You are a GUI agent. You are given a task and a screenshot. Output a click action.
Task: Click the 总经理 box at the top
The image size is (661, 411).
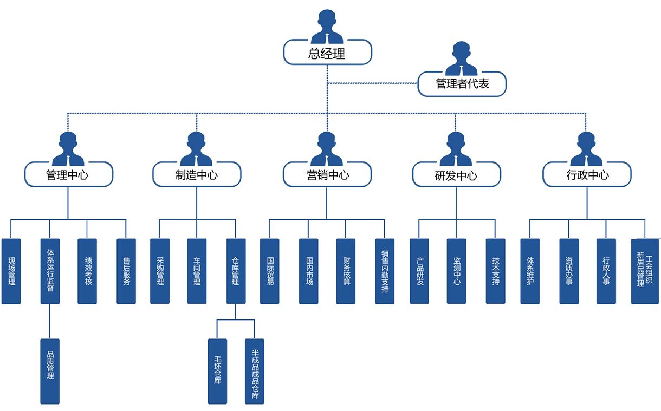point(327,53)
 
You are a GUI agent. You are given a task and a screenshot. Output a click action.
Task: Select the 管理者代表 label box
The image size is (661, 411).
point(462,84)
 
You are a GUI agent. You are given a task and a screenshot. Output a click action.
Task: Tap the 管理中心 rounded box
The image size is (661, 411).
point(68,174)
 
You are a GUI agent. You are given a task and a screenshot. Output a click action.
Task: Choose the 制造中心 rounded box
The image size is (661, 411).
point(197,174)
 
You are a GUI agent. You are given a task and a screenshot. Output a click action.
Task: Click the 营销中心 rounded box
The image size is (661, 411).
point(327,174)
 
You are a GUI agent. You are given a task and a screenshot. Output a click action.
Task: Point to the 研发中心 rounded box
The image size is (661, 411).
point(456,175)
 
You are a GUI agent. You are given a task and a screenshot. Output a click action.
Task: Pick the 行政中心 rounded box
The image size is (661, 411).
point(587,174)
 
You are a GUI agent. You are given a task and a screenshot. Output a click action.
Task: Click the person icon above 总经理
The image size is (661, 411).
point(327,27)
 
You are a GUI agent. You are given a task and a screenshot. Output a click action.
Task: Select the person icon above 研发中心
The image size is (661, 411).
point(456,149)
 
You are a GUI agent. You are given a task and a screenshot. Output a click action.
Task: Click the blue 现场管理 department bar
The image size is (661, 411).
point(11,271)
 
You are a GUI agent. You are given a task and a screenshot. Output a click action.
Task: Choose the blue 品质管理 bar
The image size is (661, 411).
point(50,371)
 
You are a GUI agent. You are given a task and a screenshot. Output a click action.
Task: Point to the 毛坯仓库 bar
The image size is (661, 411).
point(217,371)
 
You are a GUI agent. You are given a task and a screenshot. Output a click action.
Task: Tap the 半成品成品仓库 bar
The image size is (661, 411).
point(254,371)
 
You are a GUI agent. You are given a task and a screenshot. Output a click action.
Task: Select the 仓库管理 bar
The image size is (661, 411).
point(235,271)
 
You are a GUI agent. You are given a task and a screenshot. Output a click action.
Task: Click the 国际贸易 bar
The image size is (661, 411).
point(270,271)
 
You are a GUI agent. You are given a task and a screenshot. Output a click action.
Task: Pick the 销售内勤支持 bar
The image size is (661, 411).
point(385,271)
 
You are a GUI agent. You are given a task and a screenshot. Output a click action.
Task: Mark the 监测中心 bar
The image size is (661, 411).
point(456,271)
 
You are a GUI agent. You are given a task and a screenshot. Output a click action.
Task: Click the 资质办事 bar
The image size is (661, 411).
point(569,271)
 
